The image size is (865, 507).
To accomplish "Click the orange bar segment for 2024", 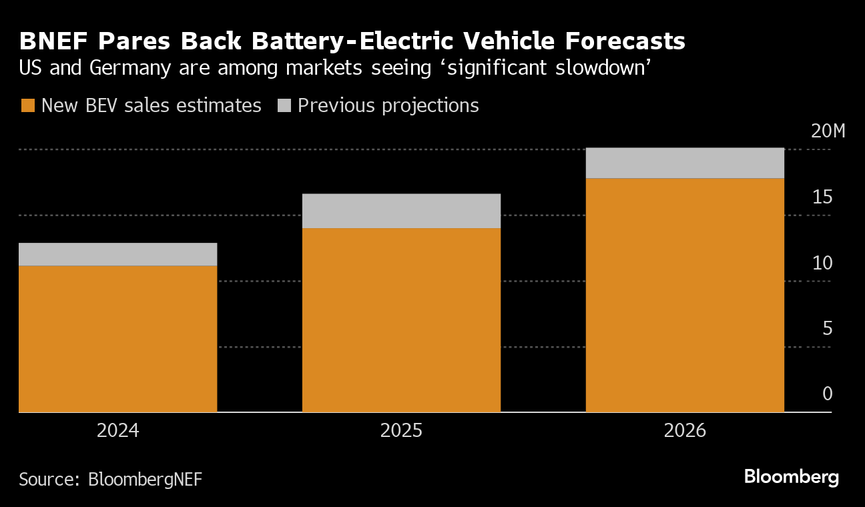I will click(x=117, y=339).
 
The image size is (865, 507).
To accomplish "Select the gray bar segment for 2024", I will click(x=117, y=254).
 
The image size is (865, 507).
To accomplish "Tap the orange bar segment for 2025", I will click(x=401, y=320).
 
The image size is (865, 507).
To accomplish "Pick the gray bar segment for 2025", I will click(x=401, y=211).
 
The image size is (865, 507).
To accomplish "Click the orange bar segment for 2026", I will click(x=685, y=295).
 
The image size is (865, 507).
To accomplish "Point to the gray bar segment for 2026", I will click(x=685, y=163).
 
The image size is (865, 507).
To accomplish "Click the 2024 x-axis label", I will click(x=117, y=430).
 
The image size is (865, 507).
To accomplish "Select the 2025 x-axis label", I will click(x=401, y=430).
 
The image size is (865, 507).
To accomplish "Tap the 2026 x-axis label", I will click(x=685, y=430).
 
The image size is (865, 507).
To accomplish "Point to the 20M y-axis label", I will click(x=828, y=131).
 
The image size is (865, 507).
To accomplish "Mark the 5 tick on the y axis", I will click(x=827, y=328).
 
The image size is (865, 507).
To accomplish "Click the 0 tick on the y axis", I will click(x=827, y=394).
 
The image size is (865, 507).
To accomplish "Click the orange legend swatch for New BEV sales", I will click(x=27, y=105).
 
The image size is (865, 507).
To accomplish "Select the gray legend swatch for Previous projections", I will click(x=284, y=105).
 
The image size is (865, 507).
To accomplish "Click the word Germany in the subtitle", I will click(x=120, y=68).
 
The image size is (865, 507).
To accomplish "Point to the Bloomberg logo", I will click(x=791, y=477).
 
